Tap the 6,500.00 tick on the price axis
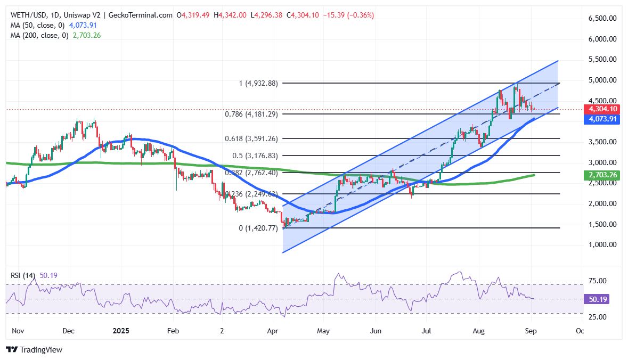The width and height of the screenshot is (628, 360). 602,18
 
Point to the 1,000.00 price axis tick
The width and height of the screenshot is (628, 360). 602,245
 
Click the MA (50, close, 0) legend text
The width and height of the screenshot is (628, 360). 37,25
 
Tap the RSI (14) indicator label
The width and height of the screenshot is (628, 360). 23,275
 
